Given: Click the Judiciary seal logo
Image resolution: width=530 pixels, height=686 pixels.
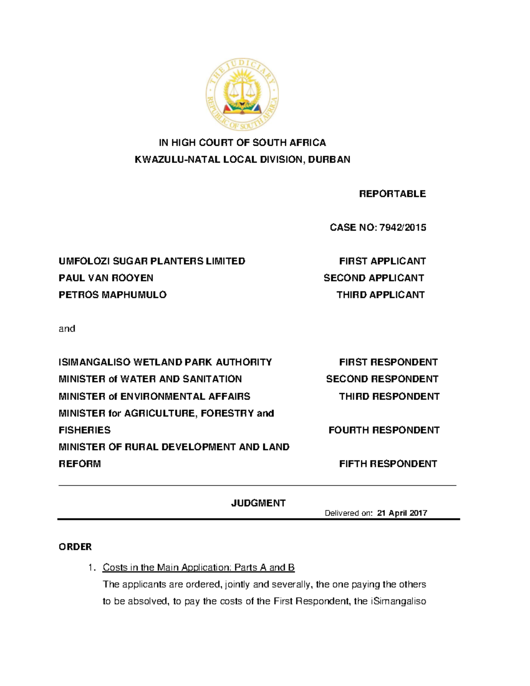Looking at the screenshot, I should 242,95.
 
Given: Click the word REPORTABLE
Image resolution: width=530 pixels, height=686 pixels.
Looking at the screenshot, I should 392,194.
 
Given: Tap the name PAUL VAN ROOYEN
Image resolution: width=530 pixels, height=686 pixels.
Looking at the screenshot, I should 106,278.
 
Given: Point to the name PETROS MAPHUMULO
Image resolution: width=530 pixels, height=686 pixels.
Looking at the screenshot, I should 113,295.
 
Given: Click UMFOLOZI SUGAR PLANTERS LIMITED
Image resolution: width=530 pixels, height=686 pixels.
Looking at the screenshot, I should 152,261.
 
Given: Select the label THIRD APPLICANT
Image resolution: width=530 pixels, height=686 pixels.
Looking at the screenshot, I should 380,295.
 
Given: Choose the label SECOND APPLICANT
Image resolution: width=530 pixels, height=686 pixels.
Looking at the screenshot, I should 374,278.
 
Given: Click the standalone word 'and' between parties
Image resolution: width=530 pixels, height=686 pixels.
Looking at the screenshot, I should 67,328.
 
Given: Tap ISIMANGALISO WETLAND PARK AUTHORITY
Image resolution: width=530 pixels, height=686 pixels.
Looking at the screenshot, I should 165,362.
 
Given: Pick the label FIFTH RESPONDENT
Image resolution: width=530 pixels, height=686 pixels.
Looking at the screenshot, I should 388,464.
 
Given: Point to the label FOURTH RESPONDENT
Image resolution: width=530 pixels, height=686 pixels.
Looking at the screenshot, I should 384,430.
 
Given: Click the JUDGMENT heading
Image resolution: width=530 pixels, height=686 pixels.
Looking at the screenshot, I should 258,503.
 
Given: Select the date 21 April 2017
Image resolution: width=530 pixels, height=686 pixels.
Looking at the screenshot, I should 402,513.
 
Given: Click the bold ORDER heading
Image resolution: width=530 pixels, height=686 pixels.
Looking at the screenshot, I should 75,547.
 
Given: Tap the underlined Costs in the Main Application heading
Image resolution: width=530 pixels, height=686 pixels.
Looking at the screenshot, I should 198,568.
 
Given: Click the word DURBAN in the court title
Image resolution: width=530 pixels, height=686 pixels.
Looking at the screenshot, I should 329,159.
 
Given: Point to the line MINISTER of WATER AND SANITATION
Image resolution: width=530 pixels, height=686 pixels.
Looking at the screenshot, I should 150,379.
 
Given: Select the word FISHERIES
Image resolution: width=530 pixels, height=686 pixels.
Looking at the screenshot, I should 85,430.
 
